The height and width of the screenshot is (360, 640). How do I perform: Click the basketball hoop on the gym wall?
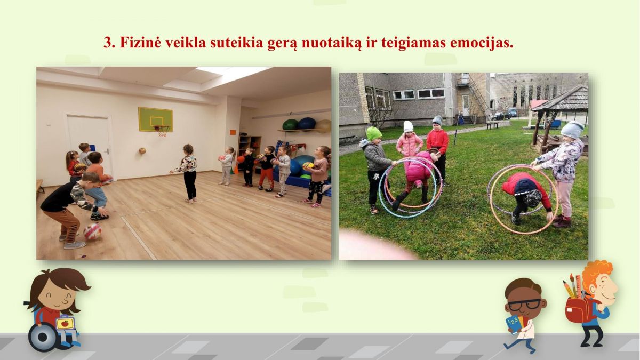pos(162,130)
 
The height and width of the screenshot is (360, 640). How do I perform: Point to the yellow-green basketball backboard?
pos(155,119)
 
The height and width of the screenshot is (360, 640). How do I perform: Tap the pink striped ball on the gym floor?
pos(92,231)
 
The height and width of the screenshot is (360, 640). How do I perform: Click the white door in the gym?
pos(89,146)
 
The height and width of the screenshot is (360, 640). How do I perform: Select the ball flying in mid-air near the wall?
pos(142,151)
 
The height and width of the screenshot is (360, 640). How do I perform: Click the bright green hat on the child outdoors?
pos(374,133)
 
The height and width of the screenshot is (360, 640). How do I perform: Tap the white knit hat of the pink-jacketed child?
pos(408,126)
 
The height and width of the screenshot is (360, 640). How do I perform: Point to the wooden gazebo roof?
pos(561,99)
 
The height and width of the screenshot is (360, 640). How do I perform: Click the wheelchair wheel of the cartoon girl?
pos(43,338)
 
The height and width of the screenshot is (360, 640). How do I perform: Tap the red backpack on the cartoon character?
pos(578,310)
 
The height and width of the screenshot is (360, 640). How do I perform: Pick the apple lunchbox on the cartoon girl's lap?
pos(65,322)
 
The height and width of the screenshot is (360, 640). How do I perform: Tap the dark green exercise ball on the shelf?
pos(290,125)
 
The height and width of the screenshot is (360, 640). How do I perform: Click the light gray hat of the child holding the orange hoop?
pos(572,130)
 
